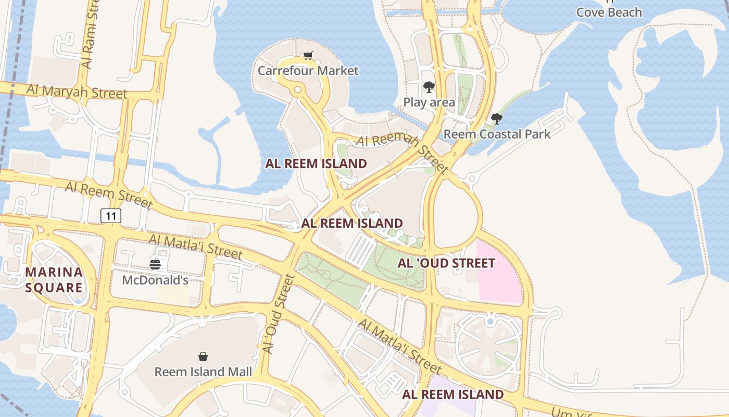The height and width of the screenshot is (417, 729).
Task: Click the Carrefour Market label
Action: pos(308,70)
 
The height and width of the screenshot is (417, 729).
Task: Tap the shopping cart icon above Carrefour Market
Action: pos(308,55)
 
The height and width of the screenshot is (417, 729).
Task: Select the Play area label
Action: pos(429,102)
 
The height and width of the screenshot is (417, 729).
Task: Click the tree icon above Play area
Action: pos(429,87)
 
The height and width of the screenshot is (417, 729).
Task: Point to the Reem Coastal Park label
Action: pos(496,134)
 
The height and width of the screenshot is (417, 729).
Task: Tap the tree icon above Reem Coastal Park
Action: pos(496,119)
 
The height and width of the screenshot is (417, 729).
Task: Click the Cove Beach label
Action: pos(609,12)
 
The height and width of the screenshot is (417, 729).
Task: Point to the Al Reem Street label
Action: pos(108,194)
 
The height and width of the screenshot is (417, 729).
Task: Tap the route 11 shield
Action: pos(111,215)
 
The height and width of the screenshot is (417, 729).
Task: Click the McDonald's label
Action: pos(155,280)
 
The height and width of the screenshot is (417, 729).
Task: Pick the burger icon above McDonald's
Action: pos(155,264)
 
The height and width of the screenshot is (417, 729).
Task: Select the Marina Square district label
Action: pos(54,279)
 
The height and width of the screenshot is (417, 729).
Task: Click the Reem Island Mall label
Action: pos(203,372)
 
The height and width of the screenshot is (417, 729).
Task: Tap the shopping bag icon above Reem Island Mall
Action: pos(203,357)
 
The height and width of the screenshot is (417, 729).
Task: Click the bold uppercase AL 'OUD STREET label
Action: pos(446,263)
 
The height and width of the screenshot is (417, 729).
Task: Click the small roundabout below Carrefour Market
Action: pos(297,90)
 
